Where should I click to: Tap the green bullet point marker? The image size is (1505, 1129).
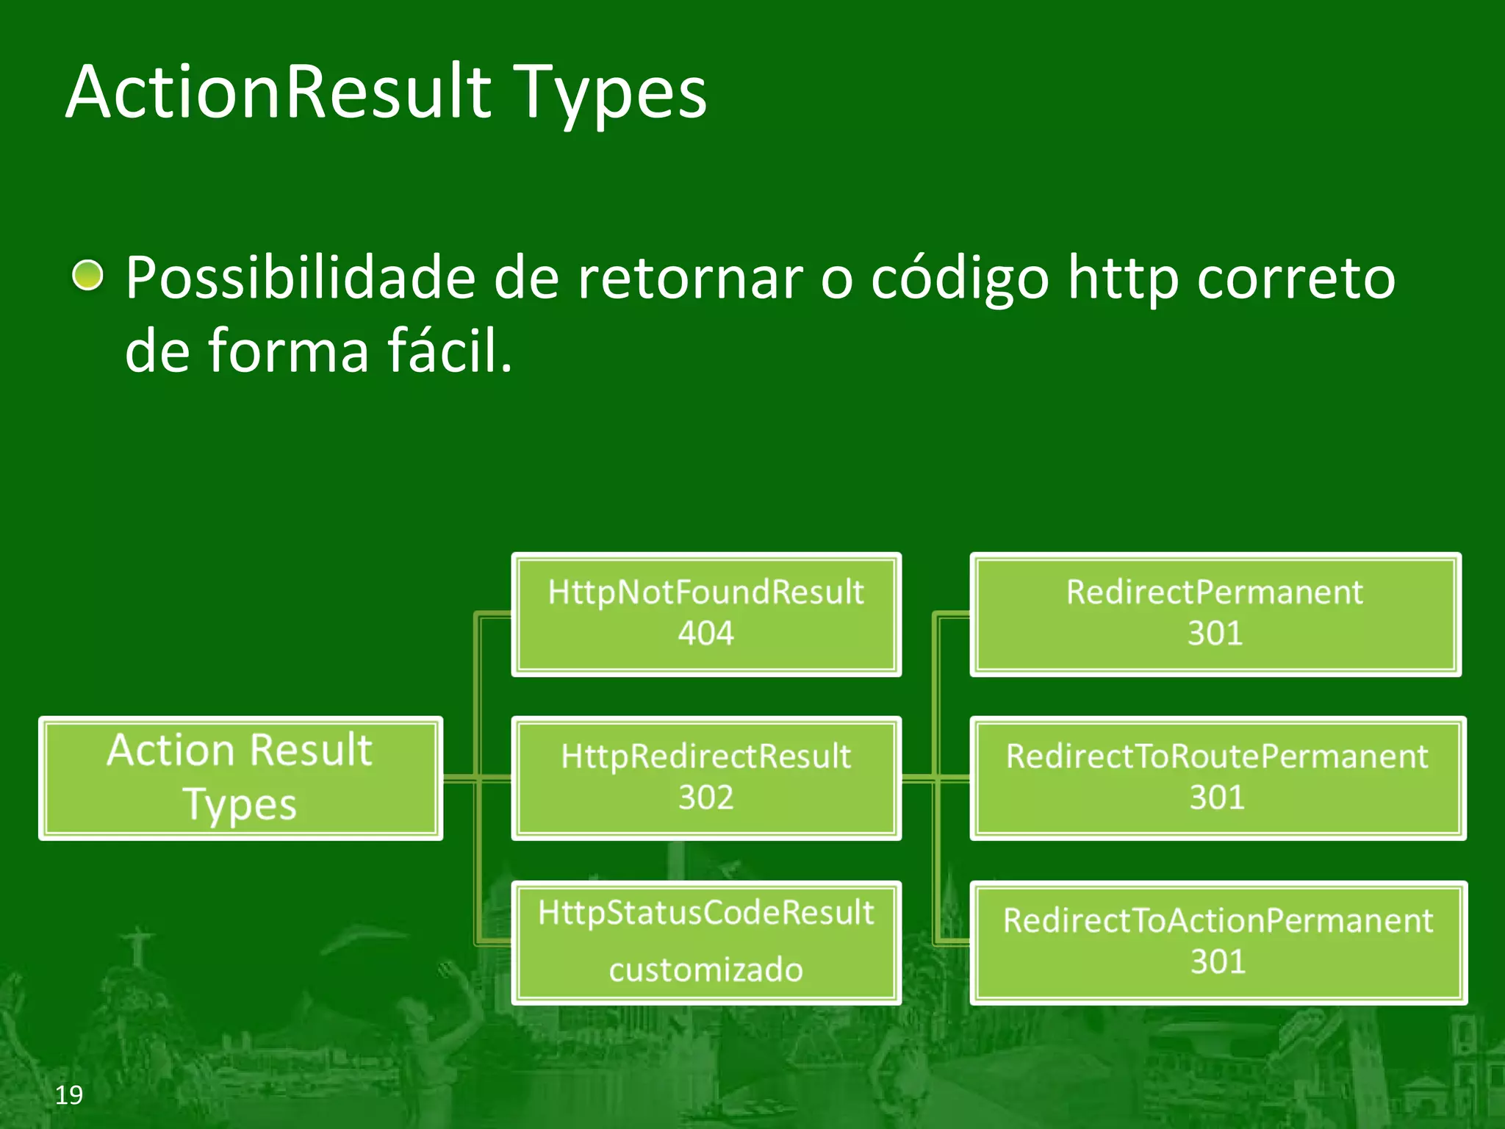coord(88,276)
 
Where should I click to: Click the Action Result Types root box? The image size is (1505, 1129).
coord(240,778)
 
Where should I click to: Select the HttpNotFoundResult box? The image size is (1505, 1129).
coord(705,614)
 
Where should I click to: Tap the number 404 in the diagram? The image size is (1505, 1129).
coord(705,634)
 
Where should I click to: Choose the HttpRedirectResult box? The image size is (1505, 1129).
coord(705,778)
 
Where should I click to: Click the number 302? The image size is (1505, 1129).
coord(705,798)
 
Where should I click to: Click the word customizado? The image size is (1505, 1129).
coord(705,970)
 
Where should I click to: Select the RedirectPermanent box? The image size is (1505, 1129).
coord(1215,614)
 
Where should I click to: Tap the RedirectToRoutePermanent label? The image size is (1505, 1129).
coord(1217,757)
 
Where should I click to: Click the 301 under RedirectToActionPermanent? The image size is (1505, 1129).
coord(1218,962)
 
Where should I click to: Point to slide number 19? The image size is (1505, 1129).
coord(69,1095)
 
